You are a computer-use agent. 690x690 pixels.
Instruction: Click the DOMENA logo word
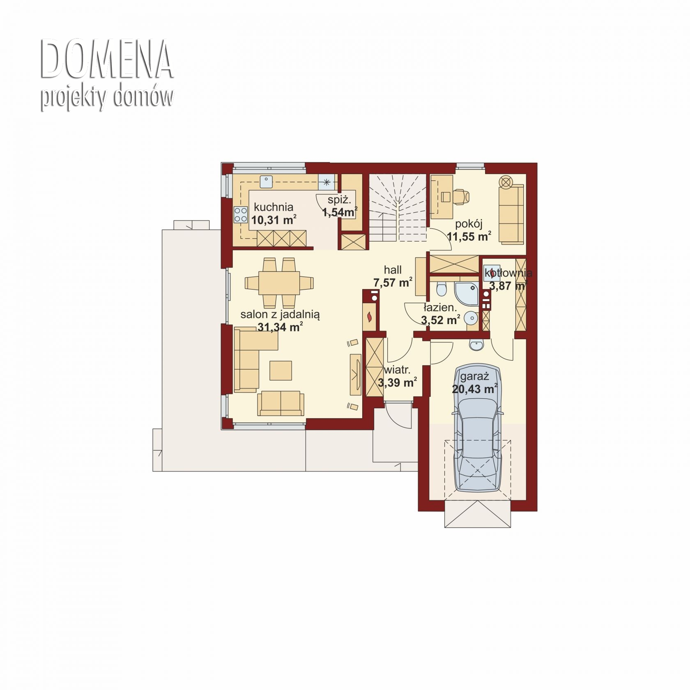(x=107, y=60)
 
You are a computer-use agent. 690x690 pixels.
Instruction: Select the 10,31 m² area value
(x=274, y=220)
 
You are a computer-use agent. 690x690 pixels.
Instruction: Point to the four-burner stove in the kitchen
(x=241, y=215)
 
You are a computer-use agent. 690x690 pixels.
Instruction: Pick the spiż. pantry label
(x=339, y=200)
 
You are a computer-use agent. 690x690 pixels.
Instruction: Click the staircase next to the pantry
(x=397, y=208)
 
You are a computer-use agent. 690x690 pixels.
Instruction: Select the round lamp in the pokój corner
(x=506, y=181)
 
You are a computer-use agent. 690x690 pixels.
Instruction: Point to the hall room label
(x=393, y=270)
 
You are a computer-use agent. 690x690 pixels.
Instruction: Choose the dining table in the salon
(x=279, y=283)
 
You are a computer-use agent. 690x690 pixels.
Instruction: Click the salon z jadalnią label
(x=280, y=315)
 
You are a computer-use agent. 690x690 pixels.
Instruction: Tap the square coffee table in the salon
(x=281, y=370)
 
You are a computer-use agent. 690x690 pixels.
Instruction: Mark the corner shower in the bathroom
(x=467, y=293)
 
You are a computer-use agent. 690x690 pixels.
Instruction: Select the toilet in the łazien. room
(x=442, y=289)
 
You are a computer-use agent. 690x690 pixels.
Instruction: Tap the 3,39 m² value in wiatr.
(x=397, y=383)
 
